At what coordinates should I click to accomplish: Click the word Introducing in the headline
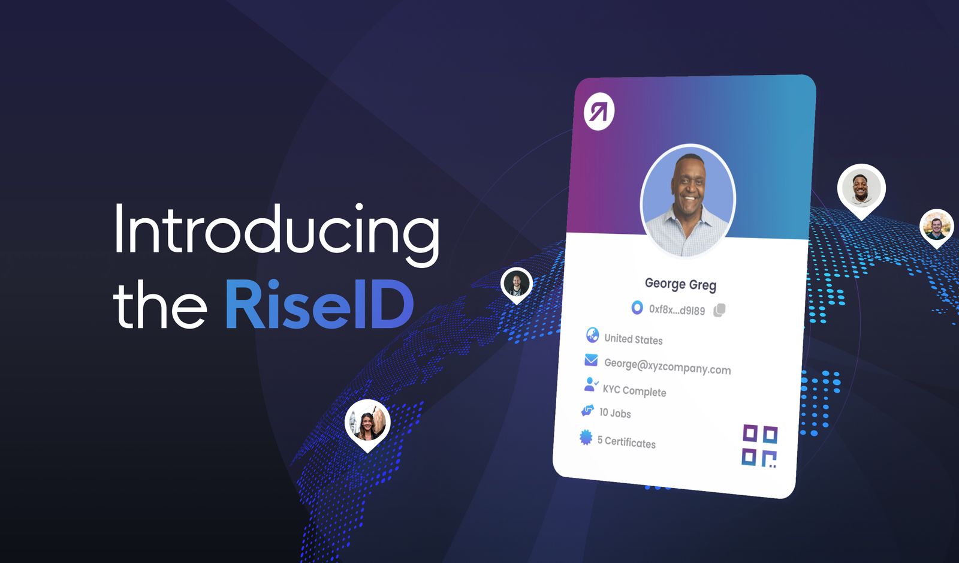coord(276,231)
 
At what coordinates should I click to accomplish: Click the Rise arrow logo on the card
coord(599,112)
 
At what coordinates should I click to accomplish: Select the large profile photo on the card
coord(687,200)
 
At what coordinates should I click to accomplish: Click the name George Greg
coord(680,284)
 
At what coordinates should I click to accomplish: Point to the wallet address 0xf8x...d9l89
coord(677,309)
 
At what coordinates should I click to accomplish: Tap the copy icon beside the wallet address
coord(719,310)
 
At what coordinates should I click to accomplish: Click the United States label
coord(633,339)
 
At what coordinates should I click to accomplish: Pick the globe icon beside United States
coord(592,335)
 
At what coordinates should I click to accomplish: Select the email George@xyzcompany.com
coord(667,366)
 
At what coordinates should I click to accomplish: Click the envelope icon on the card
coord(591,360)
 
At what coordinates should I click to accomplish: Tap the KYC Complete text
coord(634,391)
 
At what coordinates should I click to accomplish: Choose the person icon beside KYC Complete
coord(590,384)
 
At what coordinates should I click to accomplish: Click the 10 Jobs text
coord(615,413)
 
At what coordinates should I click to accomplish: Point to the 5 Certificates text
coord(626,442)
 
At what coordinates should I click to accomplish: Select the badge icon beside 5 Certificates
coord(586,438)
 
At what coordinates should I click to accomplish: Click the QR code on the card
coord(759,445)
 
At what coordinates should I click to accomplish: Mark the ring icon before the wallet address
coord(637,308)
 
